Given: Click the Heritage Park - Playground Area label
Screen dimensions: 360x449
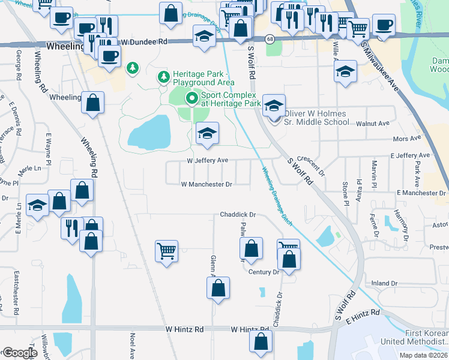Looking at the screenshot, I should [x=203, y=77].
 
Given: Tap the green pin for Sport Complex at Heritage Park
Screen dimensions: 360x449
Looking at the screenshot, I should [x=191, y=98].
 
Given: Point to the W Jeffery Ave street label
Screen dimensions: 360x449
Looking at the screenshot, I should [x=207, y=161].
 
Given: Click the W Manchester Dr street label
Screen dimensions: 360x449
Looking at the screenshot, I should [x=206, y=185].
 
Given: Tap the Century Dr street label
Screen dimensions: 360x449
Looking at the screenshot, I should [x=264, y=272].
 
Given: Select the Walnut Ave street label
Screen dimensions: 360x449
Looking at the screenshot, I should [x=373, y=123].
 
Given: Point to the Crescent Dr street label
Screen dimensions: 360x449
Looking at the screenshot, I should [x=311, y=163].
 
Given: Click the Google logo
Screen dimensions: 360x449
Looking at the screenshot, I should [x=20, y=353].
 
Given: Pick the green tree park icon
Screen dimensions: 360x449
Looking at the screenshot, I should [x=132, y=69].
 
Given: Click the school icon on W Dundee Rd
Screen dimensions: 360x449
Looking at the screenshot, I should [x=205, y=37].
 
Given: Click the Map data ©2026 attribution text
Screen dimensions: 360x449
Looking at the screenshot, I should [x=423, y=355].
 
